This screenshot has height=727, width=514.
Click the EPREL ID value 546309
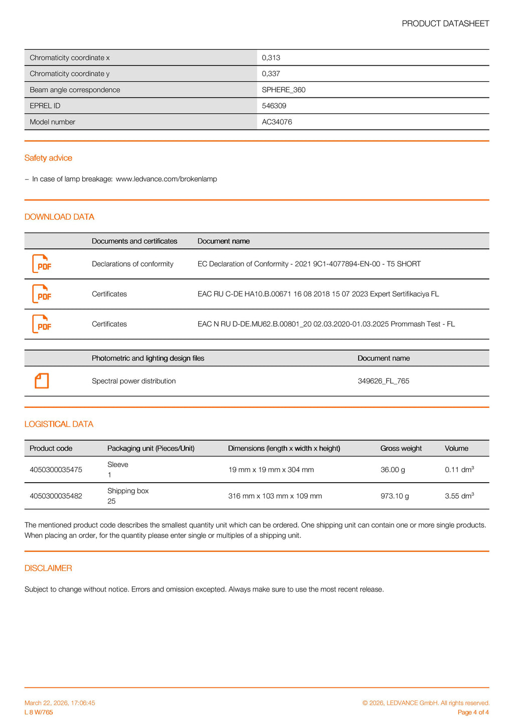click(x=274, y=106)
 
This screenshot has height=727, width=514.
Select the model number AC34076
click(x=277, y=122)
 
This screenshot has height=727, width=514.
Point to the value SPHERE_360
click(x=284, y=90)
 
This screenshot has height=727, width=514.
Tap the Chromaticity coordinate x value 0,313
click(x=271, y=58)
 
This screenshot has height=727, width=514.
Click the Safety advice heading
click(x=48, y=158)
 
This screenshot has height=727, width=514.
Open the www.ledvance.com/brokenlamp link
click(x=166, y=179)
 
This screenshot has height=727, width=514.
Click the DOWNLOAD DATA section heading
click(x=59, y=217)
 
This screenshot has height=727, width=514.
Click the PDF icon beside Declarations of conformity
click(x=42, y=264)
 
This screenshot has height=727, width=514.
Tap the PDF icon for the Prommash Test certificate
click(x=42, y=324)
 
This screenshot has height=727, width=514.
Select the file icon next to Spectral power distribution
click(x=42, y=381)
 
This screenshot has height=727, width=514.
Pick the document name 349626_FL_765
click(x=383, y=381)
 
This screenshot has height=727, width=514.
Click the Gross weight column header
click(x=401, y=449)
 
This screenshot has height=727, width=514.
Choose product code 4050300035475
click(x=56, y=470)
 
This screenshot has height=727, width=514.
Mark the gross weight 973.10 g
click(x=395, y=496)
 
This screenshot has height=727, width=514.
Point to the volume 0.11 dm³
click(x=459, y=470)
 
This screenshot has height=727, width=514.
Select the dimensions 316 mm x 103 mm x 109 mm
click(x=275, y=496)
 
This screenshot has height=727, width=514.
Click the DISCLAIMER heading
click(x=48, y=568)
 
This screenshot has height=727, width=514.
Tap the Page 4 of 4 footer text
click(x=473, y=712)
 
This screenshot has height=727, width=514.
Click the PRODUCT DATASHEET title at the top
click(x=445, y=24)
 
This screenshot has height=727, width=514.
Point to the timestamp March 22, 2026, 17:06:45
click(x=60, y=703)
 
